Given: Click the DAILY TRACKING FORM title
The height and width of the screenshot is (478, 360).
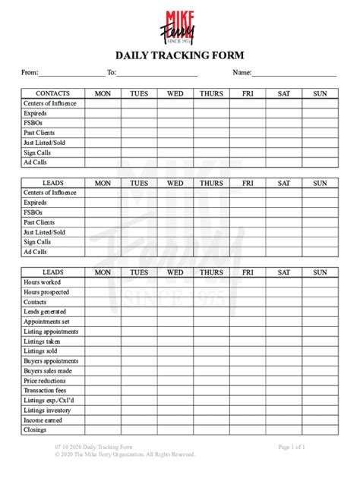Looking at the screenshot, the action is click(x=178, y=55).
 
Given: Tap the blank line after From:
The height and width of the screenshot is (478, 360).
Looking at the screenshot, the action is click(x=71, y=74).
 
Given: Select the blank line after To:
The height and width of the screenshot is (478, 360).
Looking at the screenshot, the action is click(x=157, y=74).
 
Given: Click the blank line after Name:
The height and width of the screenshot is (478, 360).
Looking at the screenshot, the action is click(x=294, y=74).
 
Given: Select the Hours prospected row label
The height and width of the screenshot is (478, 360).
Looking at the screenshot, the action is click(x=46, y=292).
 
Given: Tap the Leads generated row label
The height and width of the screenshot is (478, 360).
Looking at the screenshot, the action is click(x=45, y=312).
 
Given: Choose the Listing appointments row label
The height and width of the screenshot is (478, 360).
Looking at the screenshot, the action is click(x=51, y=332).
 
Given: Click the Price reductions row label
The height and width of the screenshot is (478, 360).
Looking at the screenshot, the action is click(x=45, y=381).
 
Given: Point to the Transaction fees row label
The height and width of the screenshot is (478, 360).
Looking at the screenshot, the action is click(x=46, y=391).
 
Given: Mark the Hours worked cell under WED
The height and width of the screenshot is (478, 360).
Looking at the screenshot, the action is click(x=175, y=282).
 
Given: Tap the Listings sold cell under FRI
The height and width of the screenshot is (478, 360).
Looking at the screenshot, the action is click(x=248, y=351).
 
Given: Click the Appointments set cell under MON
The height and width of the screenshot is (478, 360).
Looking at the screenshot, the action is click(x=103, y=322).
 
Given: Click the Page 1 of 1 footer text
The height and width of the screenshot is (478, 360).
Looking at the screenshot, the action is click(x=292, y=447).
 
